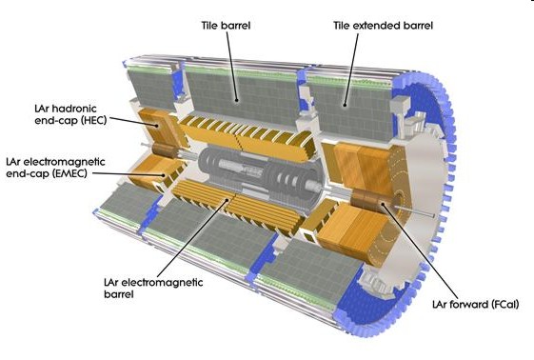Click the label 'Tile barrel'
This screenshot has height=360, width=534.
(226, 26)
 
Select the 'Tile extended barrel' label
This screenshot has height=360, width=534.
(384, 26)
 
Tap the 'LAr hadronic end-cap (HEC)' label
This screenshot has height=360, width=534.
(70, 114)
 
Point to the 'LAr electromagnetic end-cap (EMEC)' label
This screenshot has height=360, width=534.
(55, 168)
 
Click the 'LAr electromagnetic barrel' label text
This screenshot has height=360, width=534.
(153, 288)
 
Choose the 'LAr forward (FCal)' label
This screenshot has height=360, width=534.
(475, 304)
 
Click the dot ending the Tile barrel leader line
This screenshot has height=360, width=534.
(236, 100)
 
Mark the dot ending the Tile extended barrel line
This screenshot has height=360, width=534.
(345, 106)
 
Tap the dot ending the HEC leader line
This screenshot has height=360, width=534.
(157, 126)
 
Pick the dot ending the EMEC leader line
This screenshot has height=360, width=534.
(164, 175)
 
